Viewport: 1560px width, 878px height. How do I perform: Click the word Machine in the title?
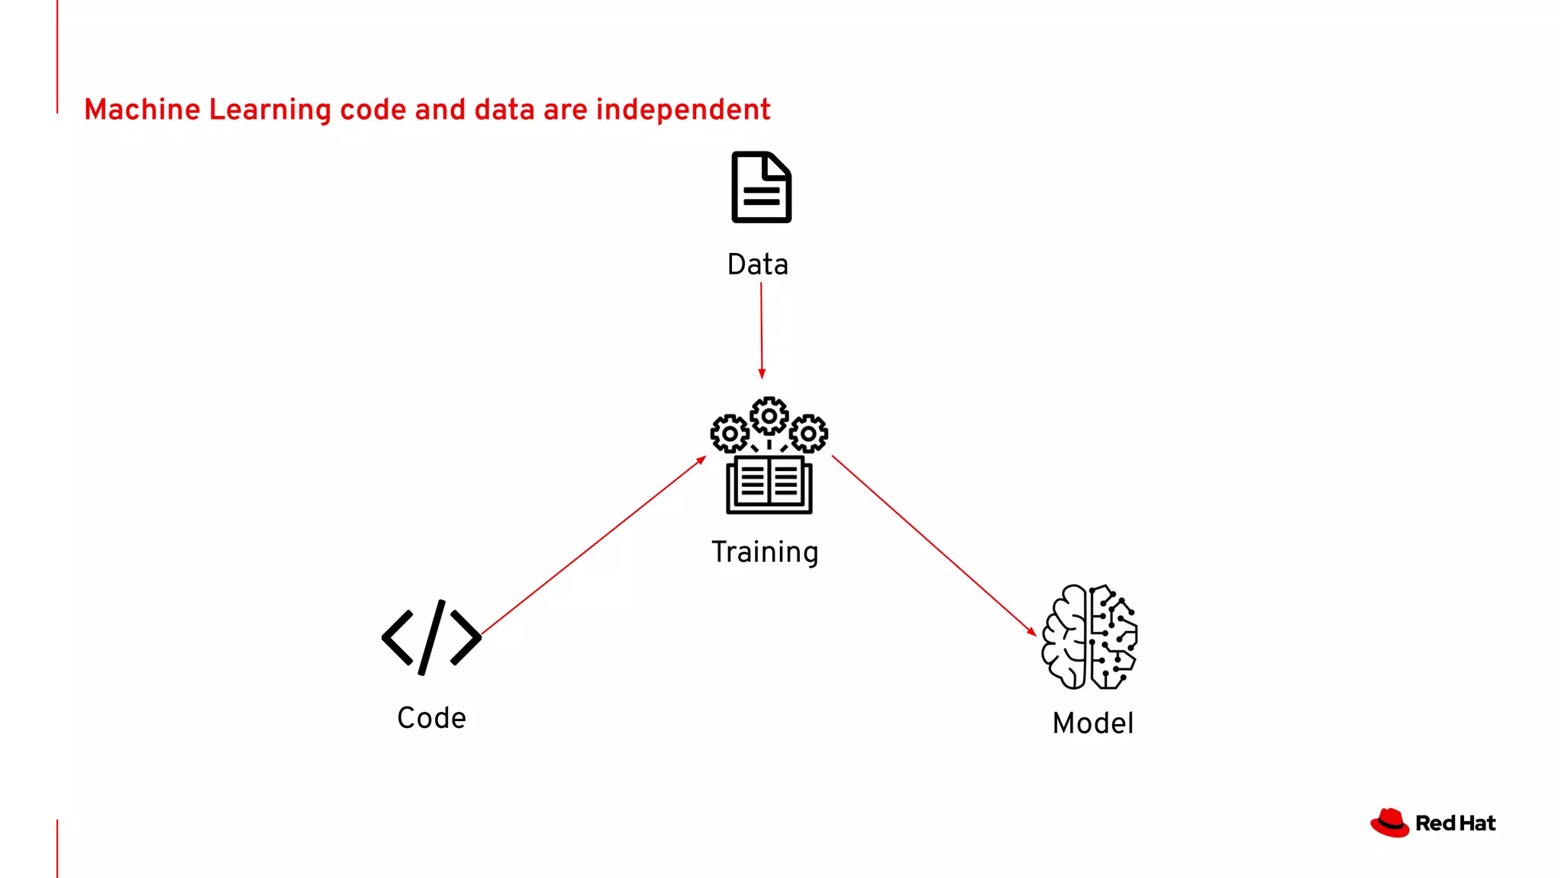pos(142,110)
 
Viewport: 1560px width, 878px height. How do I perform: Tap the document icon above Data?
pos(761,187)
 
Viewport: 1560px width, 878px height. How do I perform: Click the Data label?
pos(757,264)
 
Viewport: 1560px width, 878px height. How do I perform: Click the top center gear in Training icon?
pos(769,416)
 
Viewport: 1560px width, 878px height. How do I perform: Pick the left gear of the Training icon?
pos(730,434)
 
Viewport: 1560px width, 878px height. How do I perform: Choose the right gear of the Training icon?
pos(808,434)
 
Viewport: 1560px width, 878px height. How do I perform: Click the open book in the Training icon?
pos(769,485)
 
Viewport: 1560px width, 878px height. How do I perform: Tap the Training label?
pos(765,552)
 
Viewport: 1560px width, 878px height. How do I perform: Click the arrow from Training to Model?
pos(933,544)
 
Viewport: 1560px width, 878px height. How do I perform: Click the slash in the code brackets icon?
pos(431,637)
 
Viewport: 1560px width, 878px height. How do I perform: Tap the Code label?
pos(431,718)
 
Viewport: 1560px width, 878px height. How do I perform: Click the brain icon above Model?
pos(1089,637)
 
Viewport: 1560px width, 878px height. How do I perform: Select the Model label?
pos(1092,723)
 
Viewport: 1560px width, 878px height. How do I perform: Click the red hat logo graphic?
pos(1389,823)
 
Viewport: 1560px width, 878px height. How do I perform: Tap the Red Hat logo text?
pos(1455,824)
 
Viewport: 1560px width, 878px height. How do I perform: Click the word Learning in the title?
pos(270,110)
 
